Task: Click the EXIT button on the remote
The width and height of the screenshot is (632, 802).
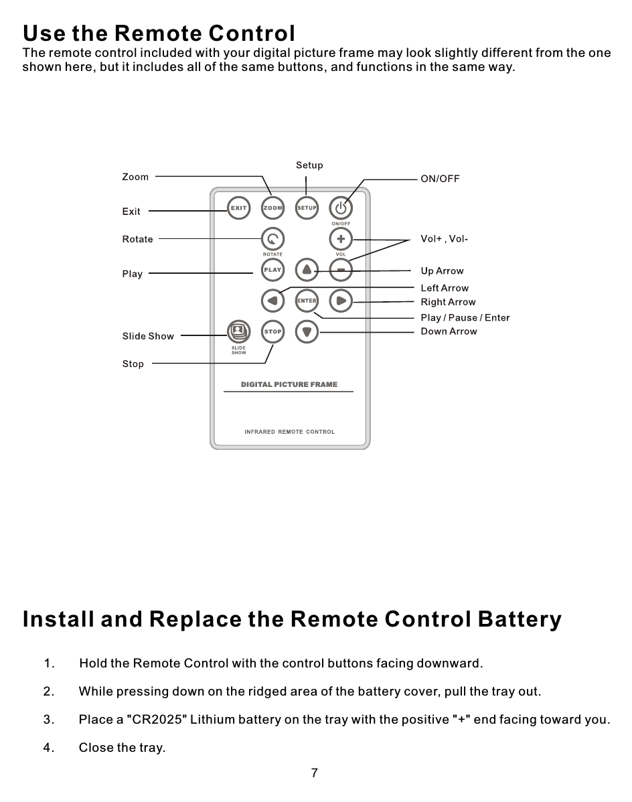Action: pyautogui.click(x=238, y=208)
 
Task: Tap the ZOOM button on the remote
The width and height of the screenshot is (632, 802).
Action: pyautogui.click(x=272, y=208)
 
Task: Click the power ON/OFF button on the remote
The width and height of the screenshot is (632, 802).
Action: pyautogui.click(x=341, y=208)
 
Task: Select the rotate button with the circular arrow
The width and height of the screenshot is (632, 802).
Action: pyautogui.click(x=272, y=239)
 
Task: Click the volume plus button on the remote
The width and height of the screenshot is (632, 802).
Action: pyautogui.click(x=341, y=239)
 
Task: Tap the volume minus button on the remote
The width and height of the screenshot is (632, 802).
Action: pyautogui.click(x=341, y=270)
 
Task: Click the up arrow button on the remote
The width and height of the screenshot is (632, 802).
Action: pyautogui.click(x=307, y=270)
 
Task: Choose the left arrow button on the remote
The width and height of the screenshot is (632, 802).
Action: pyautogui.click(x=272, y=301)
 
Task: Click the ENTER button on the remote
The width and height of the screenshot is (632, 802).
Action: pyautogui.click(x=307, y=301)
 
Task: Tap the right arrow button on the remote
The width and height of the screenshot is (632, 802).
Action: pyautogui.click(x=341, y=301)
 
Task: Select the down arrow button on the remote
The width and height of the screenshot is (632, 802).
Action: pyautogui.click(x=307, y=331)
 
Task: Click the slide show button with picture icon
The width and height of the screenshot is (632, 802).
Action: pyautogui.click(x=238, y=331)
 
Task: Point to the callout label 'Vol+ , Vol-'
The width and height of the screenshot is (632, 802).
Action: pyautogui.click(x=444, y=239)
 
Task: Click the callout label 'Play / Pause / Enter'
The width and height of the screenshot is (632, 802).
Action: pyautogui.click(x=465, y=318)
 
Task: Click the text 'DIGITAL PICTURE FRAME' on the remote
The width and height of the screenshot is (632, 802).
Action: pyautogui.click(x=289, y=384)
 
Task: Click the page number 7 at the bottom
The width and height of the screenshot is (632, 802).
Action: pyautogui.click(x=315, y=773)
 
